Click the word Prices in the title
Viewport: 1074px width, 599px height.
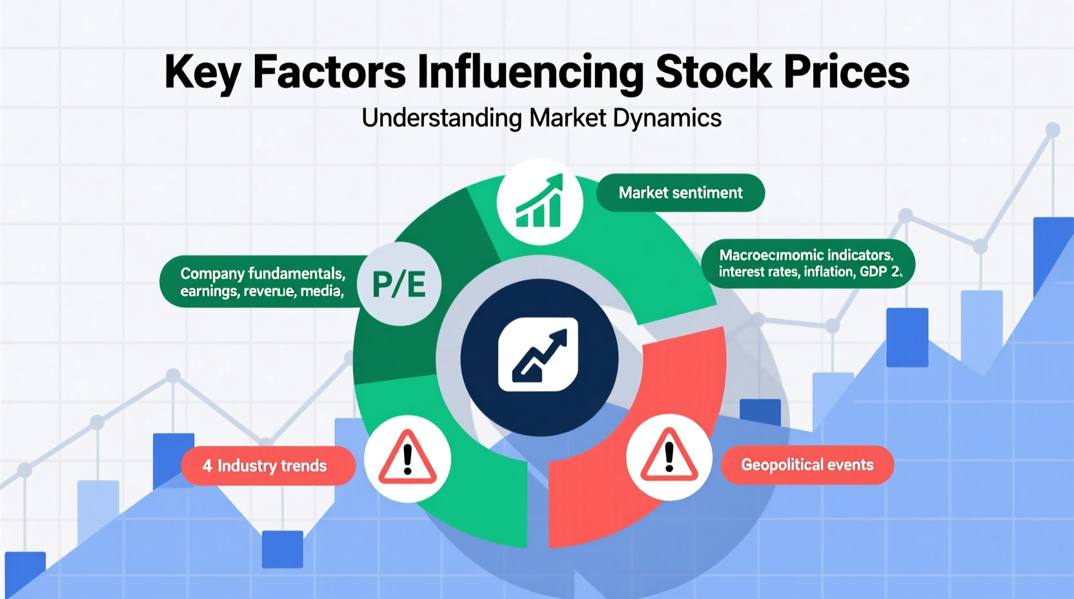(x=846, y=72)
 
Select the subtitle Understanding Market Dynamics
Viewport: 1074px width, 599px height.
(x=541, y=118)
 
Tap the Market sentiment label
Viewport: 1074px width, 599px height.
(x=680, y=192)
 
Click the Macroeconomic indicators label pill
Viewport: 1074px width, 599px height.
(x=807, y=263)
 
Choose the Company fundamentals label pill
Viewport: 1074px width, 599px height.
(x=258, y=282)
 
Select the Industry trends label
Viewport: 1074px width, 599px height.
(x=268, y=465)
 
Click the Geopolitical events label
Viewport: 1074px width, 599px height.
(x=807, y=465)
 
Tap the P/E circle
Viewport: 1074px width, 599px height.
(x=400, y=284)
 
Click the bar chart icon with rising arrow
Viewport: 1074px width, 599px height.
(x=540, y=202)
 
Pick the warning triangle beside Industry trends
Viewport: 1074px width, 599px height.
(x=407, y=458)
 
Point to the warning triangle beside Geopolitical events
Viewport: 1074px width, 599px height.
(x=669, y=457)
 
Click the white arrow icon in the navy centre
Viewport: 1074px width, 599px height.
(x=538, y=356)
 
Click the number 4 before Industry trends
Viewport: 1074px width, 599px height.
(x=207, y=465)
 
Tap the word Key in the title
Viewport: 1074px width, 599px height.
(x=203, y=72)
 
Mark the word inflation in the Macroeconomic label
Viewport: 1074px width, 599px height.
(x=829, y=272)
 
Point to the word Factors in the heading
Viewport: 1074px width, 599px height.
(x=329, y=72)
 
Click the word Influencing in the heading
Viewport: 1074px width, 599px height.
(x=530, y=72)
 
